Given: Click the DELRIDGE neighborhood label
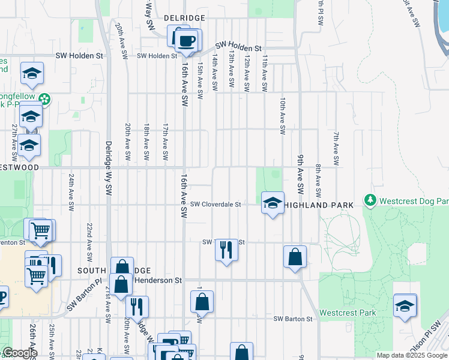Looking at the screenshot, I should (184, 19).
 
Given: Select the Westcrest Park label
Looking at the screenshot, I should (348, 313).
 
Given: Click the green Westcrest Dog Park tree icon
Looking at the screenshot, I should (370, 199).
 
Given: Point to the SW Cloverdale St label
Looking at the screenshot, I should (215, 205).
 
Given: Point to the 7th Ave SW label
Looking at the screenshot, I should (337, 149).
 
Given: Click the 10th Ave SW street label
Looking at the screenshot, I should (282, 116).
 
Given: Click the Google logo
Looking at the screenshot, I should (19, 353).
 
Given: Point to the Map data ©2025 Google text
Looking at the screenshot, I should (411, 355).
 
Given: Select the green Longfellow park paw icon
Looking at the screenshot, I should (44, 98).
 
